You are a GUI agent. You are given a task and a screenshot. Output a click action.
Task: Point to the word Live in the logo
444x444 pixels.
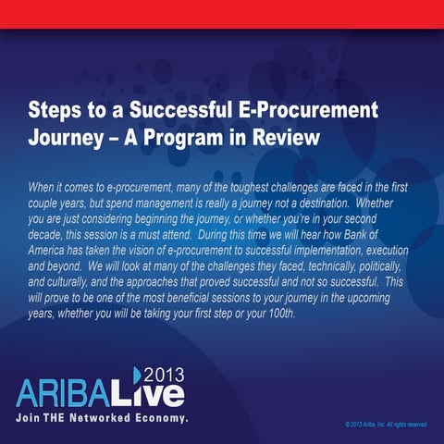coord(156,391)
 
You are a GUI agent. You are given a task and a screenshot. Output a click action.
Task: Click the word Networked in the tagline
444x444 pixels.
coord(111,417)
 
